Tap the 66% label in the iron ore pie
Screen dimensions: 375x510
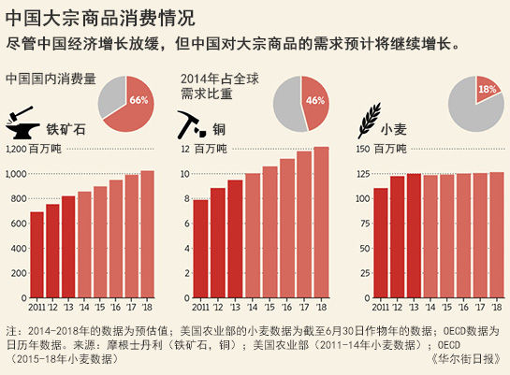pyautogui.click(x=138, y=100)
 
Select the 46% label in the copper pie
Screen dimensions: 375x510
pyautogui.click(x=314, y=100)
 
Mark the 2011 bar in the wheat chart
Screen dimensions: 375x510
pyautogui.click(x=380, y=243)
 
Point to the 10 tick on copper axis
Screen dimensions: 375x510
pyautogui.click(x=185, y=174)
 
